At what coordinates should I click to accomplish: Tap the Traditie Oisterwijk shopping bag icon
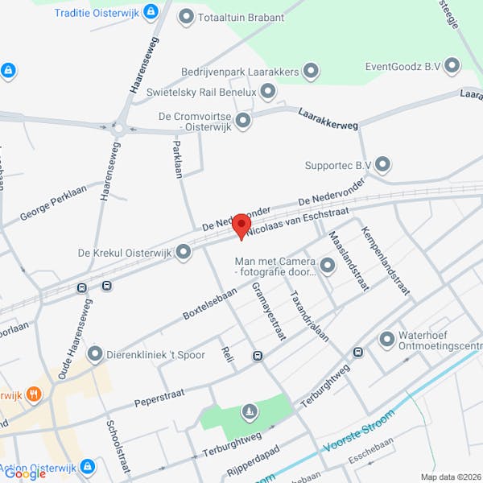tap(151, 12)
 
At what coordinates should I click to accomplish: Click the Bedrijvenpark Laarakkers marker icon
tap(311, 72)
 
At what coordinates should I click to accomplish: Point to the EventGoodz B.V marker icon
tap(452, 65)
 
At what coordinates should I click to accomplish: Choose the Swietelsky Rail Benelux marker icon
tap(268, 92)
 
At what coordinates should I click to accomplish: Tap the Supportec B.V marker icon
tap(383, 165)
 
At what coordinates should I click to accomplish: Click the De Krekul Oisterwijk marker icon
tap(184, 253)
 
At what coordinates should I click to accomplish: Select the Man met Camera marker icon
tap(327, 265)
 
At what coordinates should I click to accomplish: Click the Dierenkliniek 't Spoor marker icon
tap(95, 353)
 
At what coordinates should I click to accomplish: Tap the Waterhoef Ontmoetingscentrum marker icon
tap(386, 338)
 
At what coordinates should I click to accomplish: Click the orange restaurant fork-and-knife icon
tap(34, 394)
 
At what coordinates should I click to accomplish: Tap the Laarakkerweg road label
tap(328, 121)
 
